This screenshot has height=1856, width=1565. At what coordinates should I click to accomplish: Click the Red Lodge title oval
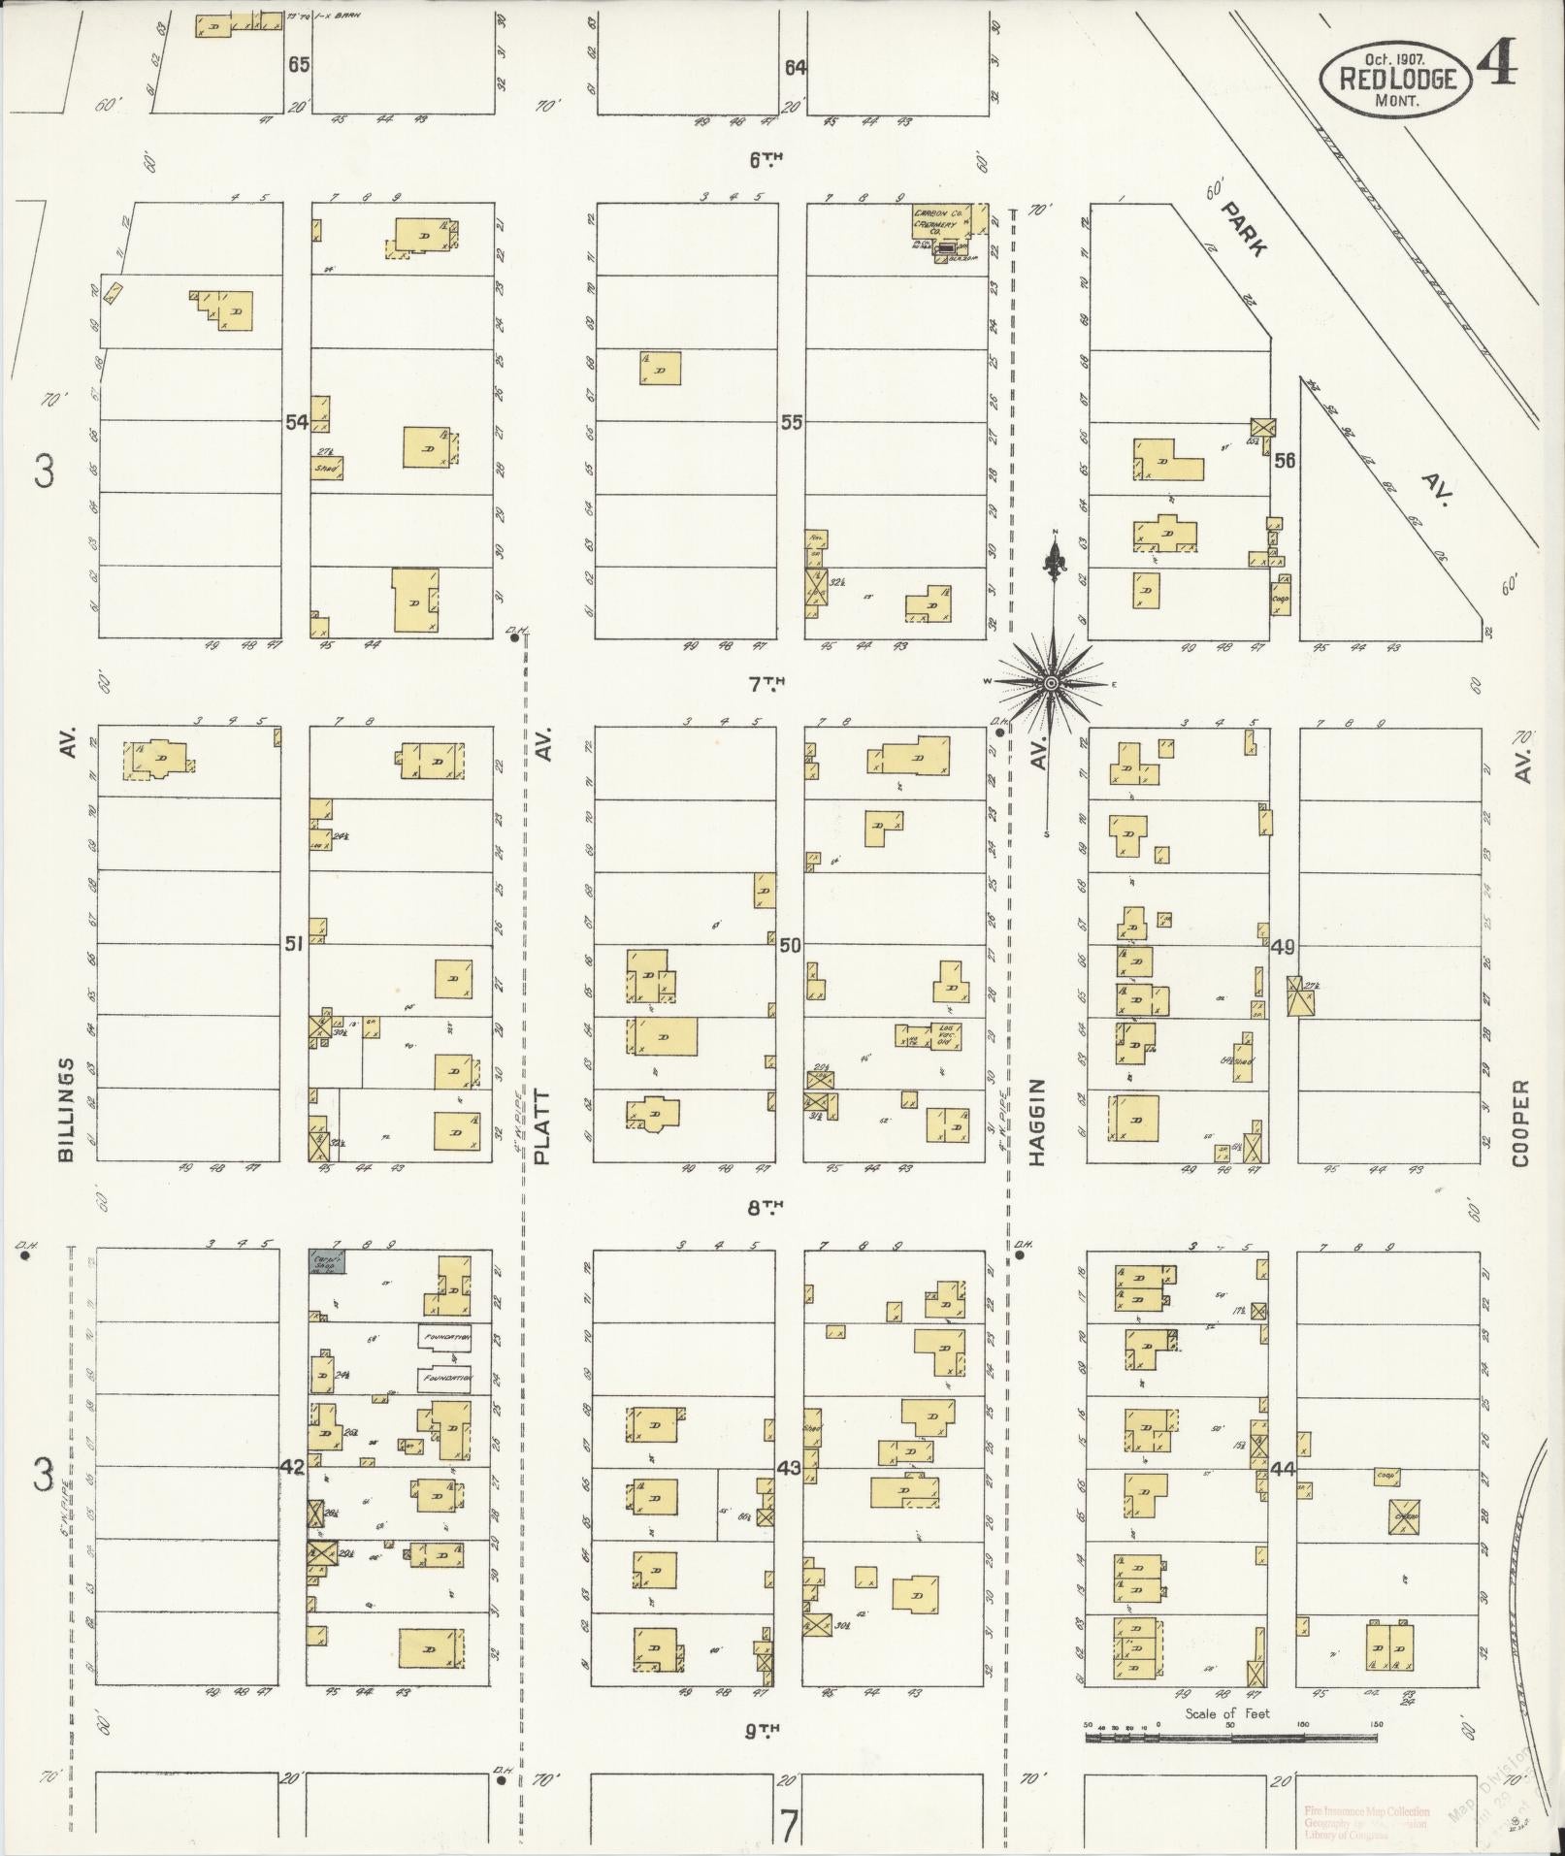click(1395, 76)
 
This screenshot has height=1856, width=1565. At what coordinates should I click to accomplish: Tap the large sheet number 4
click(1497, 66)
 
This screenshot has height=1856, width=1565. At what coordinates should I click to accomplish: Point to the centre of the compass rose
click(1051, 684)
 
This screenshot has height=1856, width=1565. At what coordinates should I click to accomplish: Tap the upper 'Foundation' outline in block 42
click(444, 1337)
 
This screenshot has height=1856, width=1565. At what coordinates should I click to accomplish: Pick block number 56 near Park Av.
click(1285, 461)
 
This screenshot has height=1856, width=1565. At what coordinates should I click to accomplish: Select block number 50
click(790, 944)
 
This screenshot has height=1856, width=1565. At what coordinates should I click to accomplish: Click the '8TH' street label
click(765, 1208)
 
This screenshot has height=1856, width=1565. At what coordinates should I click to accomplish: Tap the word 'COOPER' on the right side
click(1520, 1123)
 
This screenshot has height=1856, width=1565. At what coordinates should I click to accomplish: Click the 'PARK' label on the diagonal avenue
click(1243, 229)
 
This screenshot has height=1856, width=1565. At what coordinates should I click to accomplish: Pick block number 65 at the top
click(298, 65)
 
